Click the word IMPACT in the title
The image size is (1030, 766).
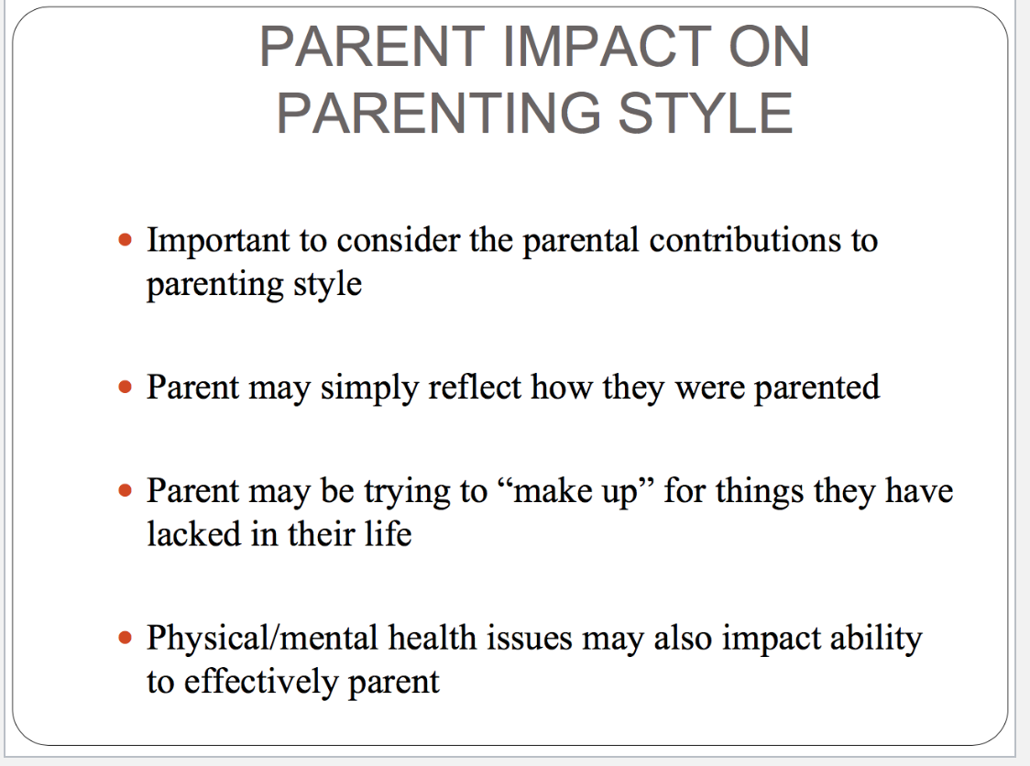click(608, 47)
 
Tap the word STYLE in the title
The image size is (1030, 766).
click(706, 113)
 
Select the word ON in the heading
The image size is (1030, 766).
click(769, 47)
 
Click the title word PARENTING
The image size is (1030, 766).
click(439, 113)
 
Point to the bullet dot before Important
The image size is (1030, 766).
click(125, 240)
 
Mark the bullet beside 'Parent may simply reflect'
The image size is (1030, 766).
click(125, 387)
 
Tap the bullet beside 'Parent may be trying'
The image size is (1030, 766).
click(125, 490)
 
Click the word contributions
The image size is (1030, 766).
click(745, 240)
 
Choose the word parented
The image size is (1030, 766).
click(816, 388)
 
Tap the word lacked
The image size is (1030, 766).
click(193, 533)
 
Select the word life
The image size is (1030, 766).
click(389, 533)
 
